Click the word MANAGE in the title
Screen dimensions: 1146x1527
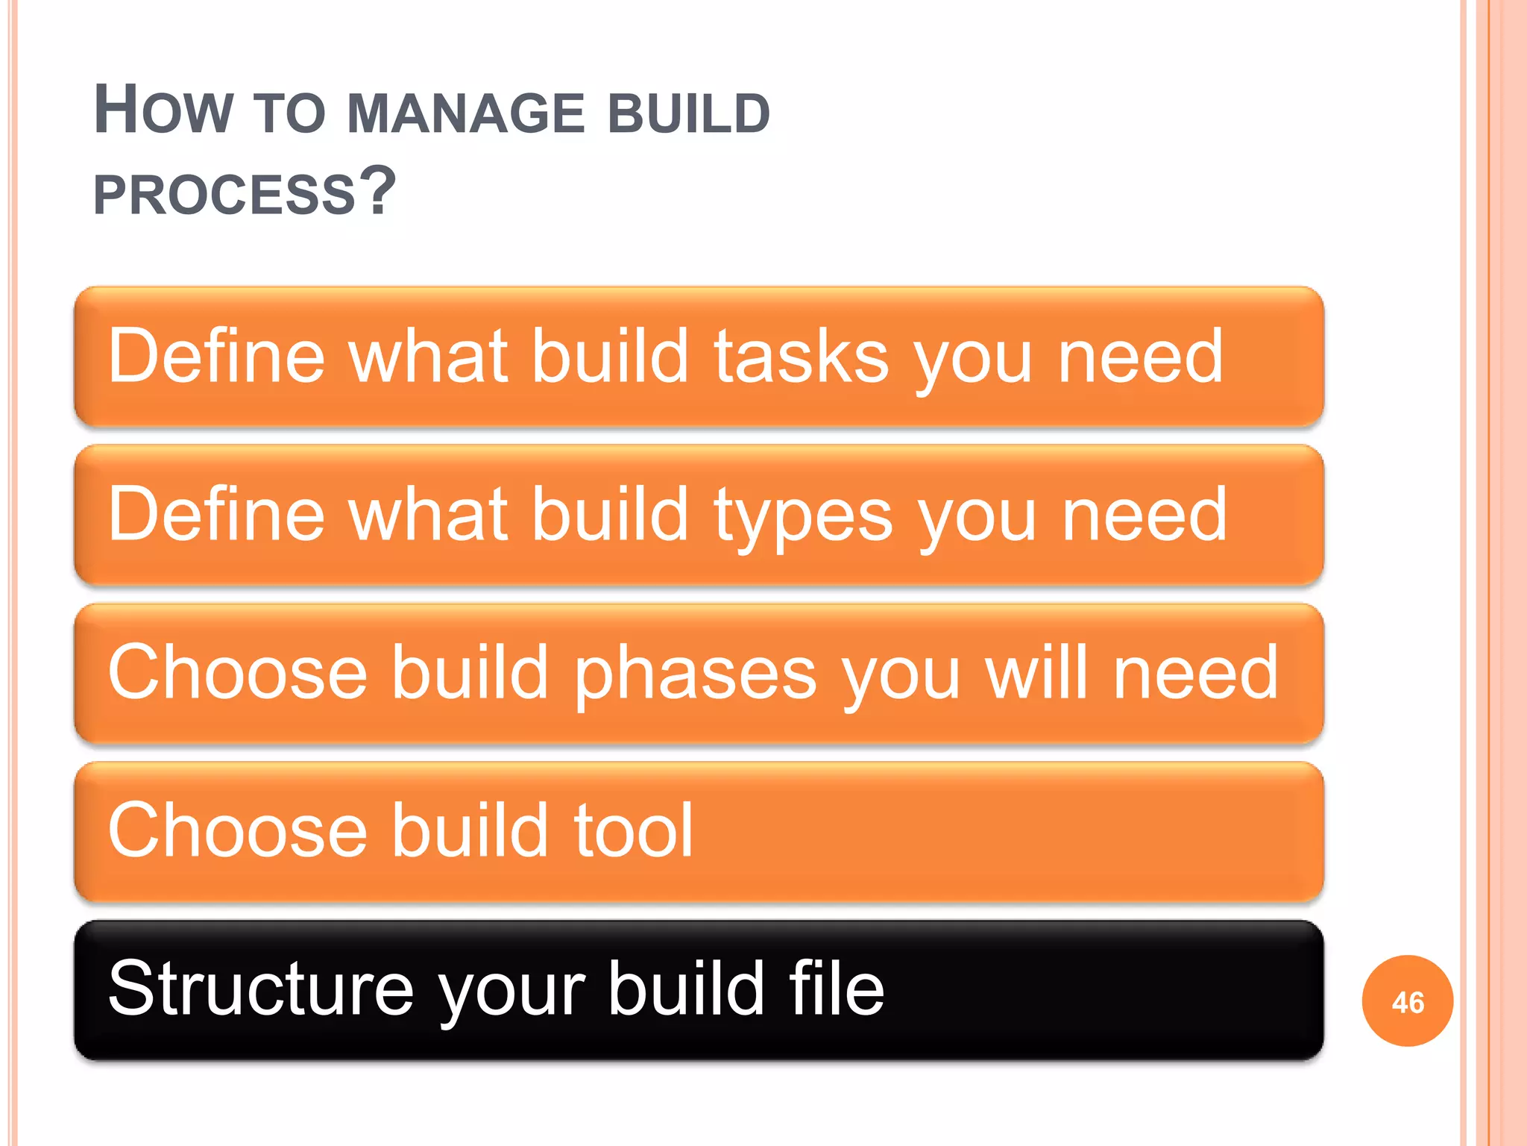tap(466, 113)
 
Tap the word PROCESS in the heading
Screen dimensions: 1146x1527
tap(224, 195)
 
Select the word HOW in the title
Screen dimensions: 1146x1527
tap(163, 111)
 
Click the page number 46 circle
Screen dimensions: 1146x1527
tap(1407, 1001)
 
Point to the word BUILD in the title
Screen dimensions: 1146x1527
tap(689, 113)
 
